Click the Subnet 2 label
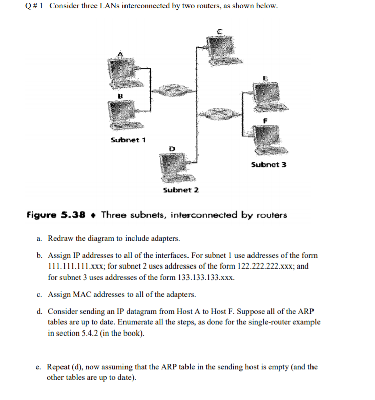[181, 190]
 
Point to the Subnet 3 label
[268, 165]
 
